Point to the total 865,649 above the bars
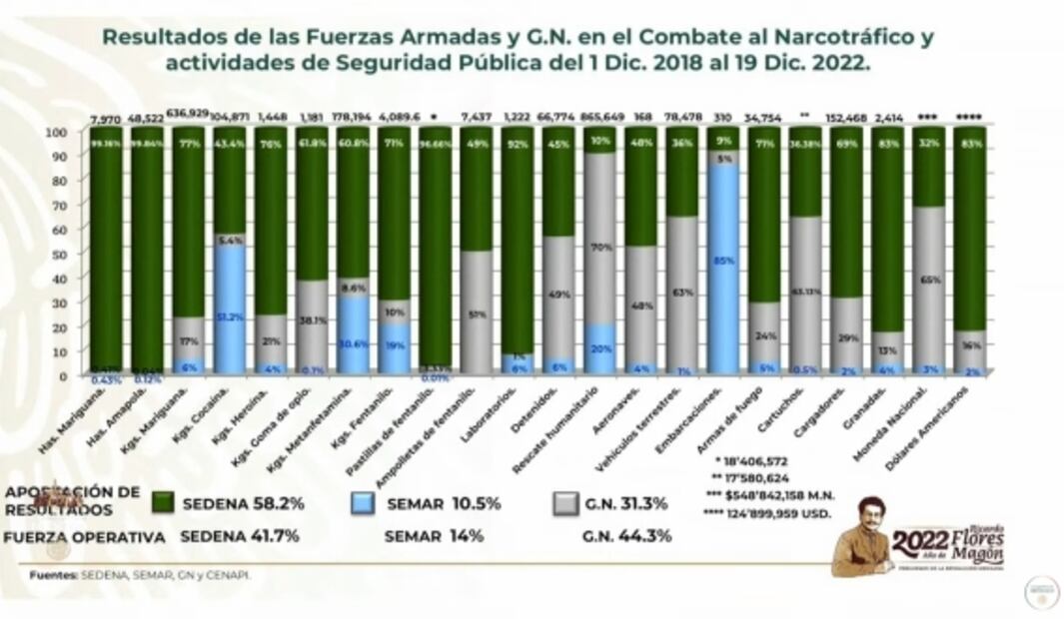pos(600,117)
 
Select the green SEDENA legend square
pos(164,503)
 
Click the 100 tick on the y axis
pos(57,132)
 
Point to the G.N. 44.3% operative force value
pos(625,536)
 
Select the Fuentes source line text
pos(140,575)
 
